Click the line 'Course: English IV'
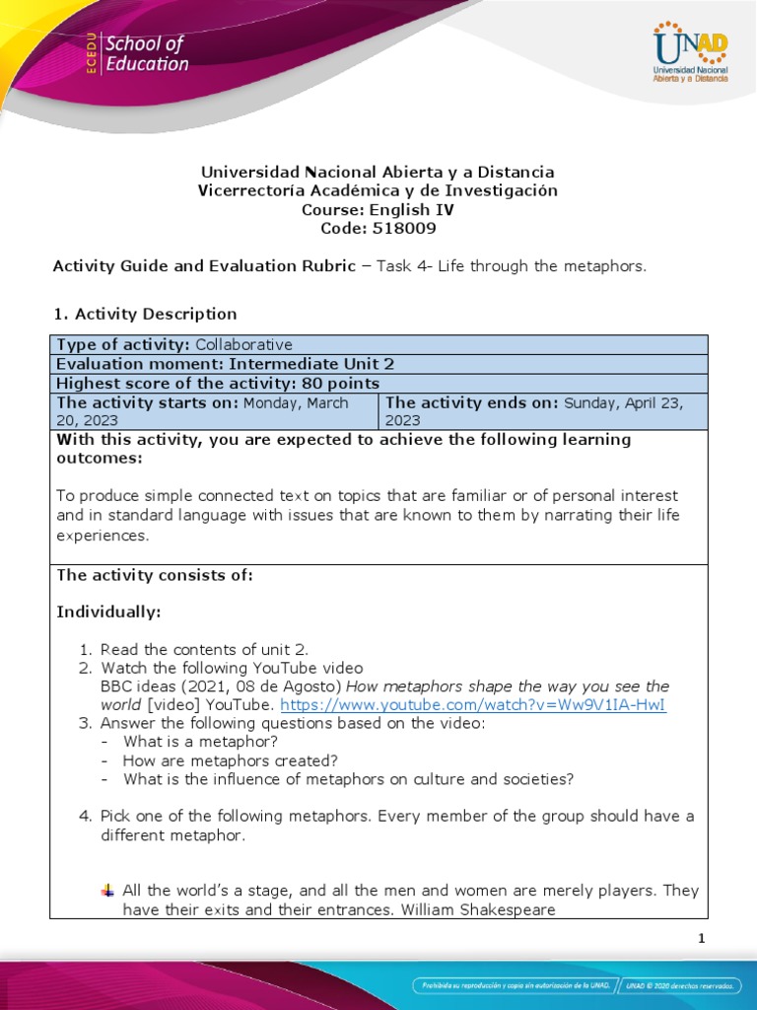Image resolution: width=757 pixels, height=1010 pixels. tap(378, 210)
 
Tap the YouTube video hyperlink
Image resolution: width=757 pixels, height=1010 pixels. tap(473, 705)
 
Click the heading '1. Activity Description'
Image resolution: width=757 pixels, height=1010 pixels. tap(144, 314)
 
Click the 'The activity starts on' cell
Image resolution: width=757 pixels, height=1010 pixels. tap(214, 410)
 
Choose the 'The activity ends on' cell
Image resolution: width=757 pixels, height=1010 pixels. tap(542, 410)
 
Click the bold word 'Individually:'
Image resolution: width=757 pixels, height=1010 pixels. tap(108, 613)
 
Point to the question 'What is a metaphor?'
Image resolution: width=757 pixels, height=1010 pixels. tap(200, 742)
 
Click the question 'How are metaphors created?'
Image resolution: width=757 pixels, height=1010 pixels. tap(230, 760)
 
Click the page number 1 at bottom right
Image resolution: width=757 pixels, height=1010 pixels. tap(701, 939)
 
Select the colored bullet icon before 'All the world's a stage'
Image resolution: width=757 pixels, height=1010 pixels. tap(107, 891)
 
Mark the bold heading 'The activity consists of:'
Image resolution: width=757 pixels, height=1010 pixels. tap(155, 576)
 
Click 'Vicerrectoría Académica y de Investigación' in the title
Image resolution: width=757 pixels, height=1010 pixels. tap(378, 190)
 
